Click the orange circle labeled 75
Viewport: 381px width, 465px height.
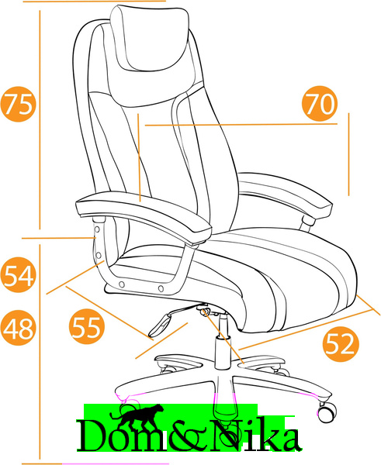(18, 104)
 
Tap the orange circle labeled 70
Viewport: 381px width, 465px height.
(320, 104)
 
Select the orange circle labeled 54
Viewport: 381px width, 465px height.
(18, 274)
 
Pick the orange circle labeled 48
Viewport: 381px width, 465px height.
(18, 328)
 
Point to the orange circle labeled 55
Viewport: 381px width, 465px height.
(87, 326)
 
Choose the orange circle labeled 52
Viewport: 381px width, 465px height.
(341, 344)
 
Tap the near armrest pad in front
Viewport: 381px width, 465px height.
(144, 217)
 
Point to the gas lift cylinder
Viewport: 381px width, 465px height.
(223, 341)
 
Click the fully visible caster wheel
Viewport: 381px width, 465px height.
(327, 412)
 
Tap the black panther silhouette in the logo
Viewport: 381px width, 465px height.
(137, 415)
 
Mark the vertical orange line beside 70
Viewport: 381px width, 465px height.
(348, 154)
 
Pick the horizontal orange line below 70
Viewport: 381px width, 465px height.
(241, 125)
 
